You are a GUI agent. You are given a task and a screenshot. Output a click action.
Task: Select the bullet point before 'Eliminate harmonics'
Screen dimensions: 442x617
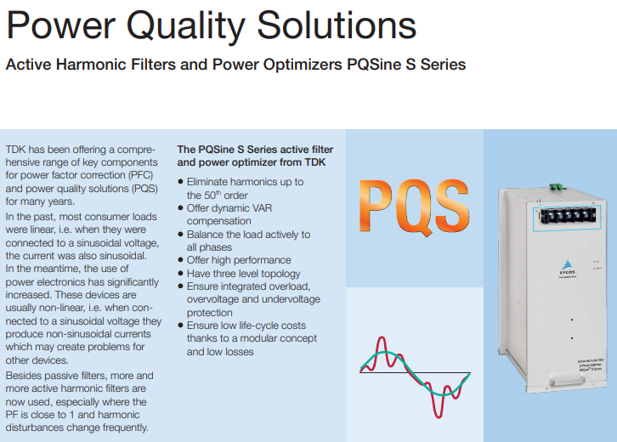[181, 182]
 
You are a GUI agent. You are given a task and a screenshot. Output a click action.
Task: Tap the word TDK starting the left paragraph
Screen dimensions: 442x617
[17, 150]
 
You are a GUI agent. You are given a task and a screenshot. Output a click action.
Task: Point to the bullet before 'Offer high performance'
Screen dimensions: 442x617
[181, 260]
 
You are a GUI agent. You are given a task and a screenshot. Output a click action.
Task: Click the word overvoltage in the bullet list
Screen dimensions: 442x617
[218, 299]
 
